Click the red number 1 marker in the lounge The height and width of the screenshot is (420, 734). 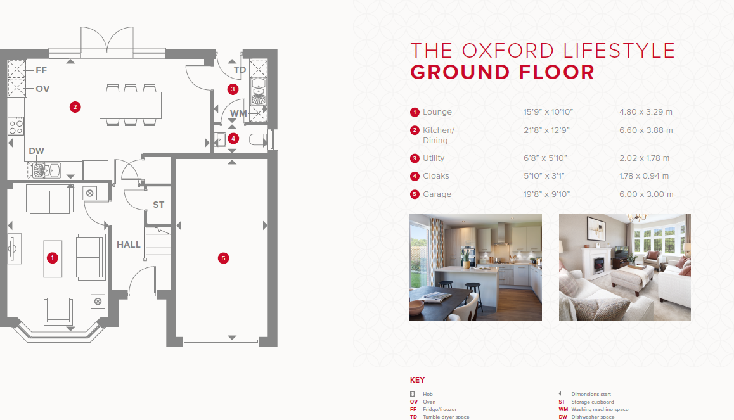click(53, 258)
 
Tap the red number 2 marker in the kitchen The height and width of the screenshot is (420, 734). click(75, 107)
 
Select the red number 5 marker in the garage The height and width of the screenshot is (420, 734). click(223, 258)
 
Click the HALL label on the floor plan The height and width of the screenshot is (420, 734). click(128, 245)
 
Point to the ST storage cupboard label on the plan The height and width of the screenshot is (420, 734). click(158, 205)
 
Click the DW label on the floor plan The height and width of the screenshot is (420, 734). click(37, 151)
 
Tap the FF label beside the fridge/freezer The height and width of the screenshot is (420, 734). click(41, 70)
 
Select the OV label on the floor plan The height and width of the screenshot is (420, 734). click(42, 89)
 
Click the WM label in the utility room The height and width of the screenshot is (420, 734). click(238, 113)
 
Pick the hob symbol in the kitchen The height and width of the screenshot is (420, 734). click(16, 126)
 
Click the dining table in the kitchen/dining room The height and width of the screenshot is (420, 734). click(131, 105)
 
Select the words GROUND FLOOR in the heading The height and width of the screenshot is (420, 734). click(502, 72)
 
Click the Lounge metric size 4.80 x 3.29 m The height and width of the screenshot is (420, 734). click(645, 112)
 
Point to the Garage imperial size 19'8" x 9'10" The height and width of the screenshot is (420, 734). click(547, 194)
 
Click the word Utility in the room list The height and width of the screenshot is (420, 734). click(434, 158)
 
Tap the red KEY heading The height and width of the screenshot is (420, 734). click(417, 380)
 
